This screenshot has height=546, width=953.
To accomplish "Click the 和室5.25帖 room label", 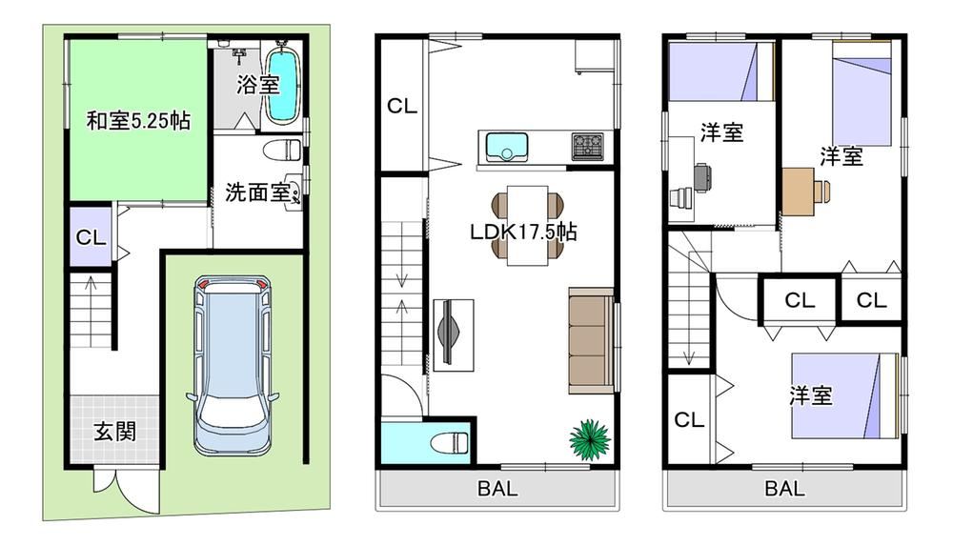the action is click(x=138, y=120).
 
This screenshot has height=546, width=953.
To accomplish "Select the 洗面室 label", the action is click(x=257, y=192).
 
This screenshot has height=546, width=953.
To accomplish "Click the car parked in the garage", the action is click(x=233, y=365).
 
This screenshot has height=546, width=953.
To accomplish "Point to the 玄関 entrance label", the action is click(x=115, y=432).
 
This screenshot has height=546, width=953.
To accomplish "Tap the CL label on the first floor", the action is click(x=91, y=237).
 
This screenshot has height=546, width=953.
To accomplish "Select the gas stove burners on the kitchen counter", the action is click(x=587, y=147).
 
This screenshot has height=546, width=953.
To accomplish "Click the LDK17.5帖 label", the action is click(x=523, y=232).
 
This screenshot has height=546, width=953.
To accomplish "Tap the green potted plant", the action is click(x=590, y=438).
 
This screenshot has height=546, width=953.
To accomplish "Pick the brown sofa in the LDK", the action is click(x=591, y=340).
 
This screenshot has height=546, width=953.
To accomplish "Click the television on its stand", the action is click(x=451, y=334).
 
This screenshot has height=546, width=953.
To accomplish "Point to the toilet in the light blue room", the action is click(x=449, y=442).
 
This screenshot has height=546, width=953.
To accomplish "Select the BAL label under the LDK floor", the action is click(x=497, y=488).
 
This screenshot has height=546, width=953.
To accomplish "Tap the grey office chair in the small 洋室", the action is click(x=702, y=177).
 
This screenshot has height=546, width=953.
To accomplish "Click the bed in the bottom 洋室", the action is click(x=844, y=395).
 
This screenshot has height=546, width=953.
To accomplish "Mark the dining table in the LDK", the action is click(x=528, y=226).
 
